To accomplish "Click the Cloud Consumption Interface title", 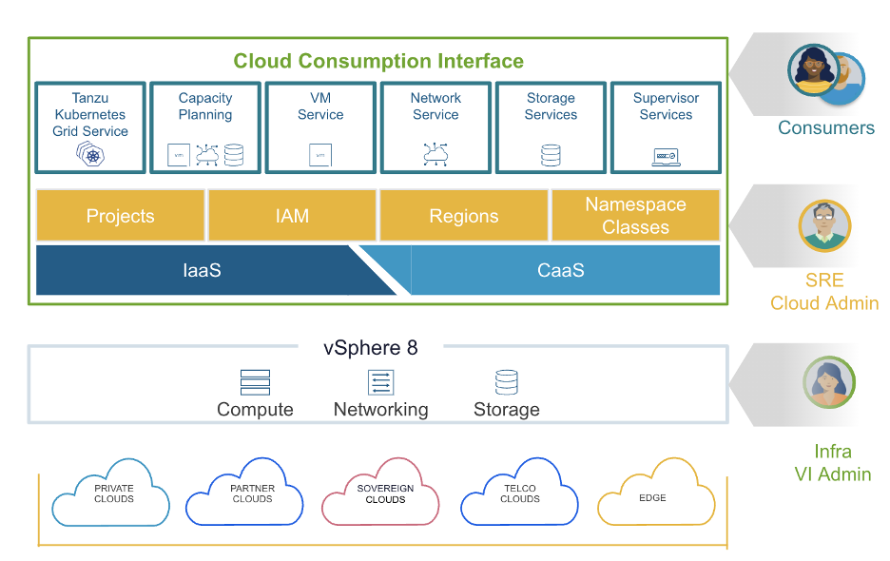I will (x=378, y=62).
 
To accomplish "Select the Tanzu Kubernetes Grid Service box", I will (x=90, y=126).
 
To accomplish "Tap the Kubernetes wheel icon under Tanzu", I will (x=92, y=155).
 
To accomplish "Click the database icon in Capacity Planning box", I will (x=233, y=155).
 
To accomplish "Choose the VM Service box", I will (x=320, y=126).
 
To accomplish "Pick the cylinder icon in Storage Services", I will (x=551, y=155).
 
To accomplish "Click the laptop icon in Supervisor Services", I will (x=666, y=156).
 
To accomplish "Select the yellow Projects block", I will (x=120, y=216).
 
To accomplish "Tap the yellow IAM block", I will (x=292, y=216).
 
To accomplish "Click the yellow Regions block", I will (x=464, y=216).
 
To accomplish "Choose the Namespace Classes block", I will (x=635, y=216).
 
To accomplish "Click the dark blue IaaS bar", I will (x=202, y=271).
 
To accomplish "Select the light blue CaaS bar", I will (x=561, y=271).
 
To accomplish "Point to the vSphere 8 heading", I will (x=370, y=348).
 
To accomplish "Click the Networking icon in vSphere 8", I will (x=380, y=382).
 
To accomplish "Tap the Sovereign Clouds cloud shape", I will (x=380, y=494).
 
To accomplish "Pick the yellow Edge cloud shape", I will (x=655, y=494).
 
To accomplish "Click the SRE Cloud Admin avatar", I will (x=824, y=226).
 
